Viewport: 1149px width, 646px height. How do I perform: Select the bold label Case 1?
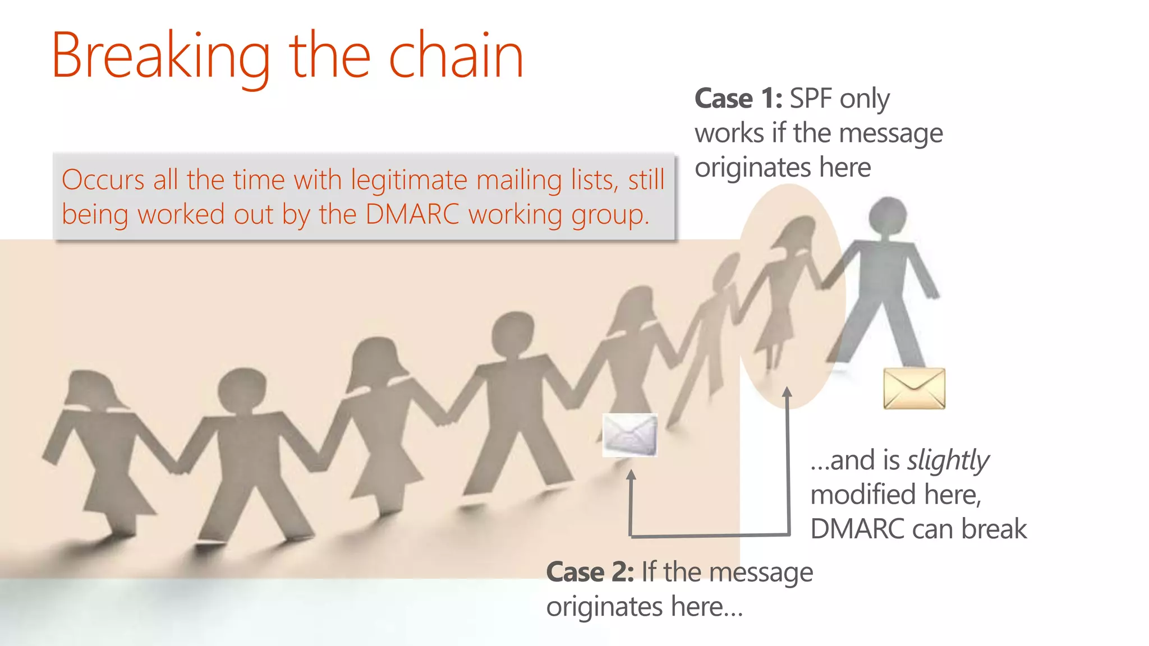pos(738,99)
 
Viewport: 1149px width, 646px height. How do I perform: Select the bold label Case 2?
pos(590,573)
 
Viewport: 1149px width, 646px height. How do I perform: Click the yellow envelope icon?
pos(914,388)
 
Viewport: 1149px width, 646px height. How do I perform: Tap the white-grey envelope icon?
pos(629,435)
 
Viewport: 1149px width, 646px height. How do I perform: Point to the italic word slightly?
pos(948,461)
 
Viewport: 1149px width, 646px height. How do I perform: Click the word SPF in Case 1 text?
pos(811,99)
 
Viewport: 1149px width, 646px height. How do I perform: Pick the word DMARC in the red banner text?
pos(412,214)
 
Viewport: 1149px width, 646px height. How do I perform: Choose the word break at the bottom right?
pos(994,529)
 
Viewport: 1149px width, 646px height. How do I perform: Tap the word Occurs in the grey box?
pos(104,180)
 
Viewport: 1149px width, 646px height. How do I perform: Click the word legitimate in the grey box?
pos(410,181)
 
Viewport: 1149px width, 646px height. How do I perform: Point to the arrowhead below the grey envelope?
pos(631,475)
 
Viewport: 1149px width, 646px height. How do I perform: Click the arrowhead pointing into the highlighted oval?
pos(787,391)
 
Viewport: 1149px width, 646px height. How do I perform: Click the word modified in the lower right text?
pos(863,495)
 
